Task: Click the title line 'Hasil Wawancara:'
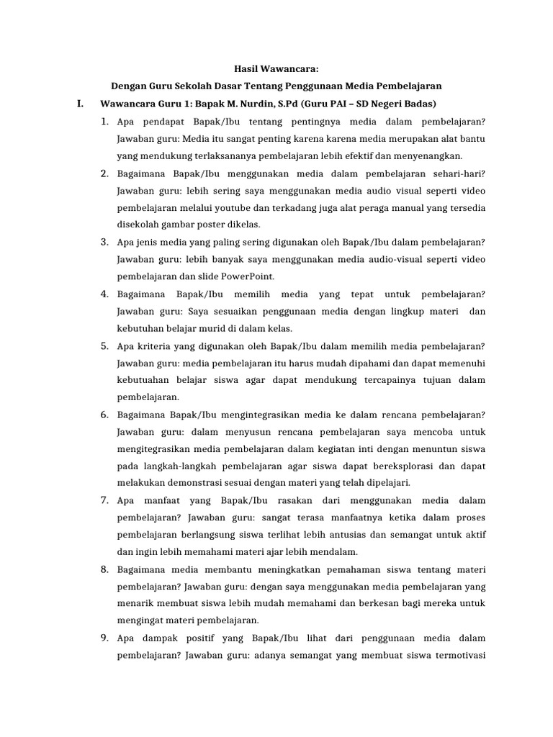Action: (277, 69)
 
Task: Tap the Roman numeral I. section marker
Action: (81, 104)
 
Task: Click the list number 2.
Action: (104, 173)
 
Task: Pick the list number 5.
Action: (104, 345)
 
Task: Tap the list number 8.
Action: (104, 569)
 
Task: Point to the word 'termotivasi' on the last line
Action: (458, 655)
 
